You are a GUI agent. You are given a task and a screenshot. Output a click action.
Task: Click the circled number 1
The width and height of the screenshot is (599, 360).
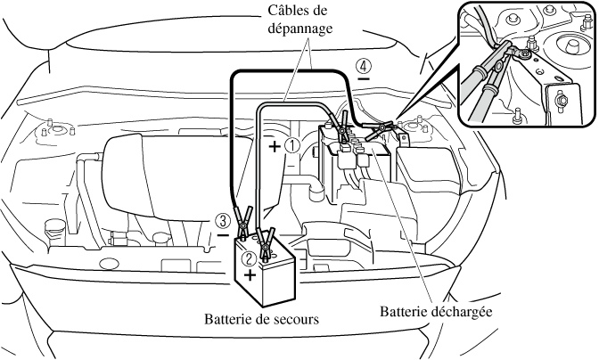click(291, 146)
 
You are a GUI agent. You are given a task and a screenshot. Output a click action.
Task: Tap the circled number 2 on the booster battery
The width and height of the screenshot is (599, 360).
click(250, 258)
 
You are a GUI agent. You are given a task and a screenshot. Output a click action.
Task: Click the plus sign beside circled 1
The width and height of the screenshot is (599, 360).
click(274, 145)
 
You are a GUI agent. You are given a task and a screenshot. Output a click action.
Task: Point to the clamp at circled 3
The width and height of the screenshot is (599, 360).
click(243, 221)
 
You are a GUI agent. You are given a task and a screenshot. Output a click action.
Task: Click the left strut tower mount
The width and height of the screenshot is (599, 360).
click(49, 135)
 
